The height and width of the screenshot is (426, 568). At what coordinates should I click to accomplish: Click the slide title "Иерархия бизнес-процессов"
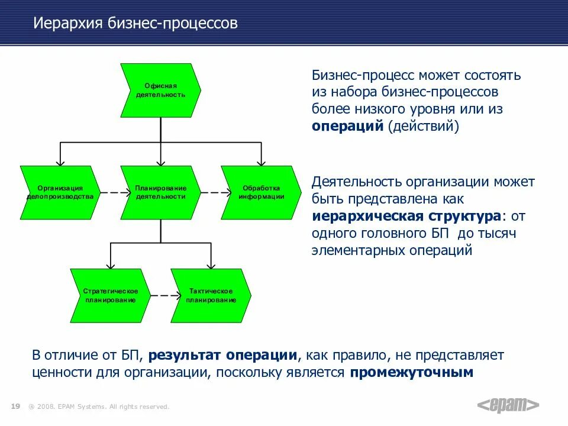(135, 24)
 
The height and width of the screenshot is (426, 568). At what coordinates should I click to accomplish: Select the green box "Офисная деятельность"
(160, 91)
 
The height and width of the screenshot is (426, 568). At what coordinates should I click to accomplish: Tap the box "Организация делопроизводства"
(60, 192)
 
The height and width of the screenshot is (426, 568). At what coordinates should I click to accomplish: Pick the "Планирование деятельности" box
(160, 192)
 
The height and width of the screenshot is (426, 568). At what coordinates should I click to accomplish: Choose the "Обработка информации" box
(261, 192)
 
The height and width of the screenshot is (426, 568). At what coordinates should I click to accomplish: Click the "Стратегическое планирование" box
(110, 295)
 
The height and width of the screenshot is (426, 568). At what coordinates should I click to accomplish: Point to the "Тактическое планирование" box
(211, 295)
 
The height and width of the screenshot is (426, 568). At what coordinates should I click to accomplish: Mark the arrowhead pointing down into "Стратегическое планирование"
(110, 264)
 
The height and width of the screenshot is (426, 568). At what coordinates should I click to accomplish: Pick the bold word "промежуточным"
(412, 373)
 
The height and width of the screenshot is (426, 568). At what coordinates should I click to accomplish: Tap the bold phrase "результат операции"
(222, 356)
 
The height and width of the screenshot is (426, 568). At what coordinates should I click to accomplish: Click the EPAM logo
(508, 405)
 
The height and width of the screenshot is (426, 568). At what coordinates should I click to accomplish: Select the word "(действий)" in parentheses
(424, 126)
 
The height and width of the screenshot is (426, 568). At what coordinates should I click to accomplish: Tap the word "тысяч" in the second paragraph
(496, 233)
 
